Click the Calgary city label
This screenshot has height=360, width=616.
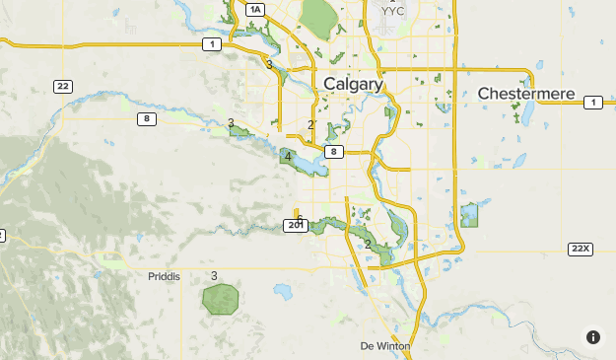352,85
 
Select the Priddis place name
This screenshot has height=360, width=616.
165,277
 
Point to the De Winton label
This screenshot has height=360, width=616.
385,346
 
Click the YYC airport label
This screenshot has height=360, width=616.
391,11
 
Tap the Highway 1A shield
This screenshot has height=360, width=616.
256,10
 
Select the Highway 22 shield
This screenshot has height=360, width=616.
63,87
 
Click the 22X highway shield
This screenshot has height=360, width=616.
581,249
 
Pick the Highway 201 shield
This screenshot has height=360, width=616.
296,226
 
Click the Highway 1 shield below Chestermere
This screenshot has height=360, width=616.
593,103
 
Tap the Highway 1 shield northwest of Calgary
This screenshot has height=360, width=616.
212,44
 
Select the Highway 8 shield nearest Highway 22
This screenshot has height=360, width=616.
146,119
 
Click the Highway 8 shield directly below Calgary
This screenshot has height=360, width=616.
335,151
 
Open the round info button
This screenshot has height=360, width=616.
593,337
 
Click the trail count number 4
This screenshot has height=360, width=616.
288,157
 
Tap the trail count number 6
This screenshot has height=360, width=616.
300,219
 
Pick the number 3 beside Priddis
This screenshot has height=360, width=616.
214,275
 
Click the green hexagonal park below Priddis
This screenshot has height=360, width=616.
221,299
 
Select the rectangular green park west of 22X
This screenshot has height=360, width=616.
469,215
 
